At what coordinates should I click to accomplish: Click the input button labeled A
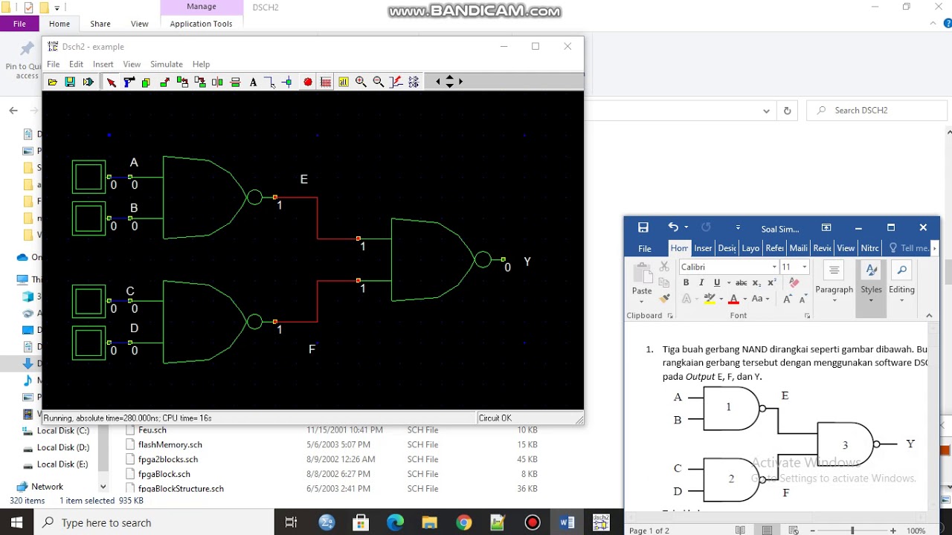point(89,177)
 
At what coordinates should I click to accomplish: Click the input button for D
point(89,343)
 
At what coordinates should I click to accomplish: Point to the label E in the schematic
point(303,180)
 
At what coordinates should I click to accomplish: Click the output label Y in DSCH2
point(527,262)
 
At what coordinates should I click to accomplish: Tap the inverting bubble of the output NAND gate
point(483,259)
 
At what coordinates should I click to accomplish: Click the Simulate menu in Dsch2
point(166,65)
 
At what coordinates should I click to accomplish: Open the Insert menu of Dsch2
point(103,65)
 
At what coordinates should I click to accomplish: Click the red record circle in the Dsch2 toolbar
point(308,82)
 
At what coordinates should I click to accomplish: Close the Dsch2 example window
point(567,46)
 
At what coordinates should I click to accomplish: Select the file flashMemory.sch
point(170,444)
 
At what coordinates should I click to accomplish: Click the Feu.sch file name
point(152,430)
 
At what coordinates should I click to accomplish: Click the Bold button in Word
point(686,282)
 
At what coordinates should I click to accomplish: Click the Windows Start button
point(16,522)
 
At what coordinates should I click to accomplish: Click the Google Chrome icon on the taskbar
point(463,522)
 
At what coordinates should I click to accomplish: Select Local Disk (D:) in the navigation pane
point(62,447)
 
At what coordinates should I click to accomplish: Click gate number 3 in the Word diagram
point(845,445)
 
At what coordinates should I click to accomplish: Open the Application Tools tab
point(201,24)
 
